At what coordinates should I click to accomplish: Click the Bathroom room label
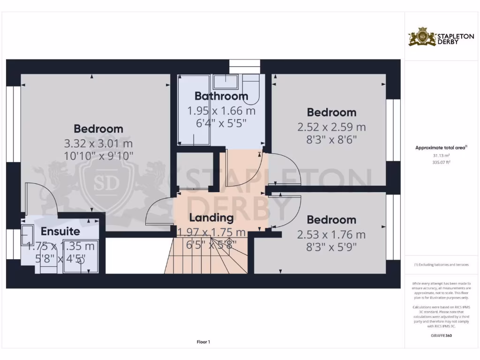pos(221,96)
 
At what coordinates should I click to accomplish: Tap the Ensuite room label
pos(60,231)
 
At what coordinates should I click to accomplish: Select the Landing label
pos(211,217)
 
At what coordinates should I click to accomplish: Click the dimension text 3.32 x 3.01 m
pos(98,143)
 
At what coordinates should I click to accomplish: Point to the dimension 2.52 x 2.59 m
pos(331,127)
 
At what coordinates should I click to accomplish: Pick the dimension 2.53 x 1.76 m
pos(331,234)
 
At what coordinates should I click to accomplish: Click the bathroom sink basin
pos(226,82)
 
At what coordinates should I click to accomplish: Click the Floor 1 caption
pos(203,342)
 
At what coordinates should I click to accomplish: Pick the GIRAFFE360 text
pos(441,336)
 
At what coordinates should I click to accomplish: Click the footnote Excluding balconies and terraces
pos(441,265)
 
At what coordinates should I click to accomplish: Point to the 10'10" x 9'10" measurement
pos(98,155)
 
